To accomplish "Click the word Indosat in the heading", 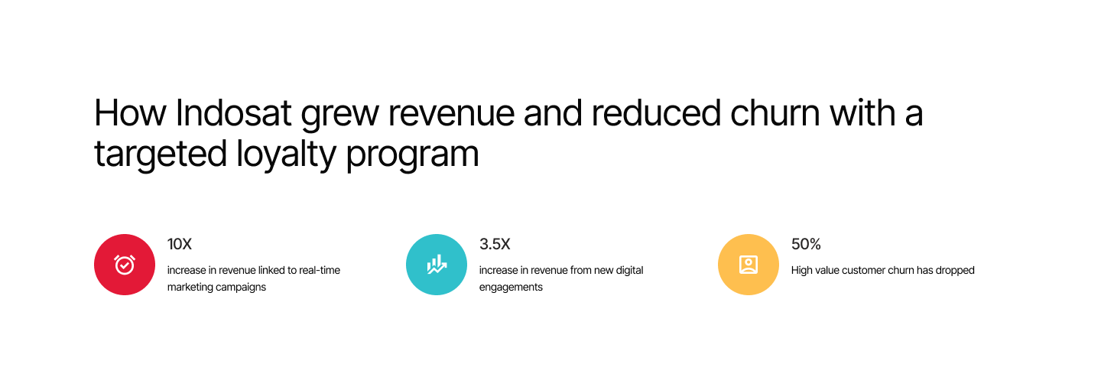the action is tap(233, 113).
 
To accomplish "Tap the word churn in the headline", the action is tap(775, 113).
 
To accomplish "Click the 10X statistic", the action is tap(180, 244).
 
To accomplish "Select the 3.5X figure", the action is tap(495, 244).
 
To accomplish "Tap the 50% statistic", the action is tap(806, 244).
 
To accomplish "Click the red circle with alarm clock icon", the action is tap(125, 265).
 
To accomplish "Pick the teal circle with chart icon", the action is tap(437, 265).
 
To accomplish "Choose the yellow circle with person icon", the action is tap(749, 265).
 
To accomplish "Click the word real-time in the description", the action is tap(320, 270).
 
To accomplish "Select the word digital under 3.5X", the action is tap(627, 271).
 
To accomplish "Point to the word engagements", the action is tap(511, 287).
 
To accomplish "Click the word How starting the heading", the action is tap(130, 113).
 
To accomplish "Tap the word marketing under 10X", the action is tap(192, 287).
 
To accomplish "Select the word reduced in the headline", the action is tap(656, 113).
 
